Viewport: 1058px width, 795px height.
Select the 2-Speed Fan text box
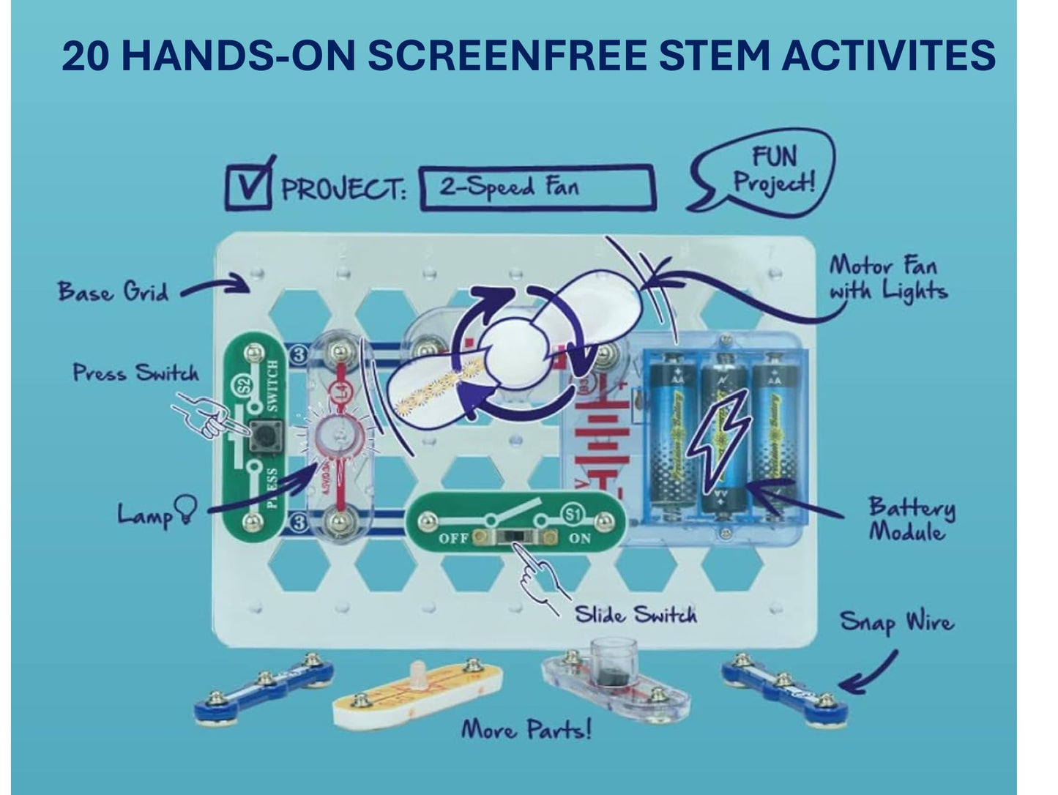[x=537, y=187]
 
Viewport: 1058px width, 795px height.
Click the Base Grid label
[x=113, y=292]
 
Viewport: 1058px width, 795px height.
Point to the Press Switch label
[x=135, y=373]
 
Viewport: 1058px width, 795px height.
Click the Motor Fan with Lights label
[x=887, y=278]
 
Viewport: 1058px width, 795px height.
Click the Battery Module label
[x=912, y=518]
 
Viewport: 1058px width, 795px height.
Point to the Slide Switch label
[x=635, y=613]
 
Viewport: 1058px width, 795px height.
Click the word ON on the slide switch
[x=579, y=538]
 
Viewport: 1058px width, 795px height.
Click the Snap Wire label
[x=897, y=622]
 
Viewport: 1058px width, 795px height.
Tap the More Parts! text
[x=525, y=729]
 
